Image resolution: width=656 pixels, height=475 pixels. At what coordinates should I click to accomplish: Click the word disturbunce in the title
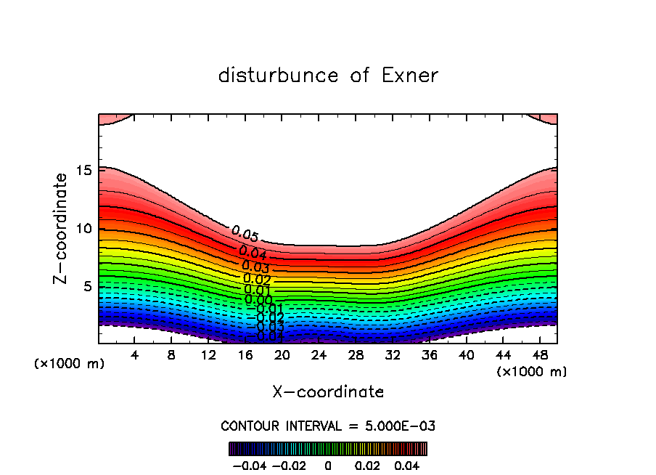tap(279, 76)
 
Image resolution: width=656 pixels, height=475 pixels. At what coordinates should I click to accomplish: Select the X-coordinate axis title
tap(328, 392)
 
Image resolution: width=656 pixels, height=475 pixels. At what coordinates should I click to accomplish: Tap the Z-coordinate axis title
tap(61, 228)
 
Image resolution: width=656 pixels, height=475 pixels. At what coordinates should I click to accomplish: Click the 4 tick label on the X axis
tap(134, 356)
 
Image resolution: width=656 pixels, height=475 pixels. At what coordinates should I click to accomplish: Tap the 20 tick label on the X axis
tap(282, 356)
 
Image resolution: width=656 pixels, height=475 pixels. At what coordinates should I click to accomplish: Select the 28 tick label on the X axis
tap(356, 356)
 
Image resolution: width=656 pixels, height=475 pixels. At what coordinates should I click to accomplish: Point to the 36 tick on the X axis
tap(430, 356)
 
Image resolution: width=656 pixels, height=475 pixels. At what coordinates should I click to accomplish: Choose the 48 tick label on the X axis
tap(541, 356)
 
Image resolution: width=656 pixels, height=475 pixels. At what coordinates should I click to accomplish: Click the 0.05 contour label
tap(245, 234)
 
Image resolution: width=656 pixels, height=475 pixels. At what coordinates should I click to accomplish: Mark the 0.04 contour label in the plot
tap(253, 253)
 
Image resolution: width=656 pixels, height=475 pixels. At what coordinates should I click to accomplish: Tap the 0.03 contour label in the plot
tap(255, 267)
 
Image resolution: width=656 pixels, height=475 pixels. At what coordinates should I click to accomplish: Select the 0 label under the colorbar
tap(328, 464)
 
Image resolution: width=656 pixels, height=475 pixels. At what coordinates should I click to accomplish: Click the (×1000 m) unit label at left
tap(69, 364)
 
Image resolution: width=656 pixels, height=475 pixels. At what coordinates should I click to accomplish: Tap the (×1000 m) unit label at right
tap(532, 372)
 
